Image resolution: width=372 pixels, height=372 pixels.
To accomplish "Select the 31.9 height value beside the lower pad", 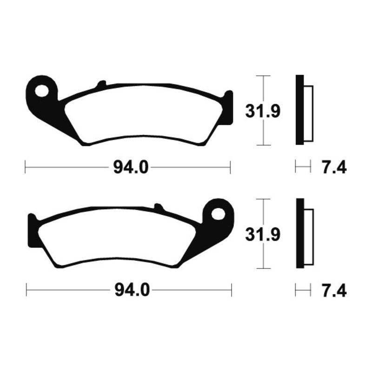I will pos(262,235).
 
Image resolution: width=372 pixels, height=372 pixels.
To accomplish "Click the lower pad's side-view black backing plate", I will pos(300,235).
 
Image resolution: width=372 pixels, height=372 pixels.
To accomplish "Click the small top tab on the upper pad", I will pos(100,85).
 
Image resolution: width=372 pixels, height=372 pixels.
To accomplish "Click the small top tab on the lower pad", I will pos(158,206).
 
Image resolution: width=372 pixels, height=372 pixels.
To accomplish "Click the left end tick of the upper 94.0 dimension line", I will pos(26,166).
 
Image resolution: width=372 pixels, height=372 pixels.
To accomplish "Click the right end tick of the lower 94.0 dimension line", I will pos(231,291).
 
